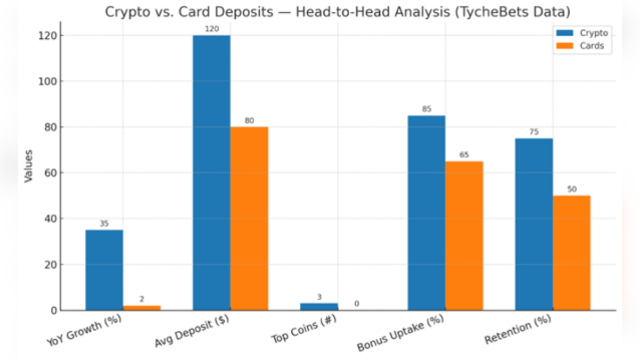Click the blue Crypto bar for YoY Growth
104,269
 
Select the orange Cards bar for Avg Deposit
249,218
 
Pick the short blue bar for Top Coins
319,307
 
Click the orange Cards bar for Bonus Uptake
464,235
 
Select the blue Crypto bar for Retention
534,224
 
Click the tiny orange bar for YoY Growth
142,308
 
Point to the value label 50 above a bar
572,190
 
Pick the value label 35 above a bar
104,224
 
